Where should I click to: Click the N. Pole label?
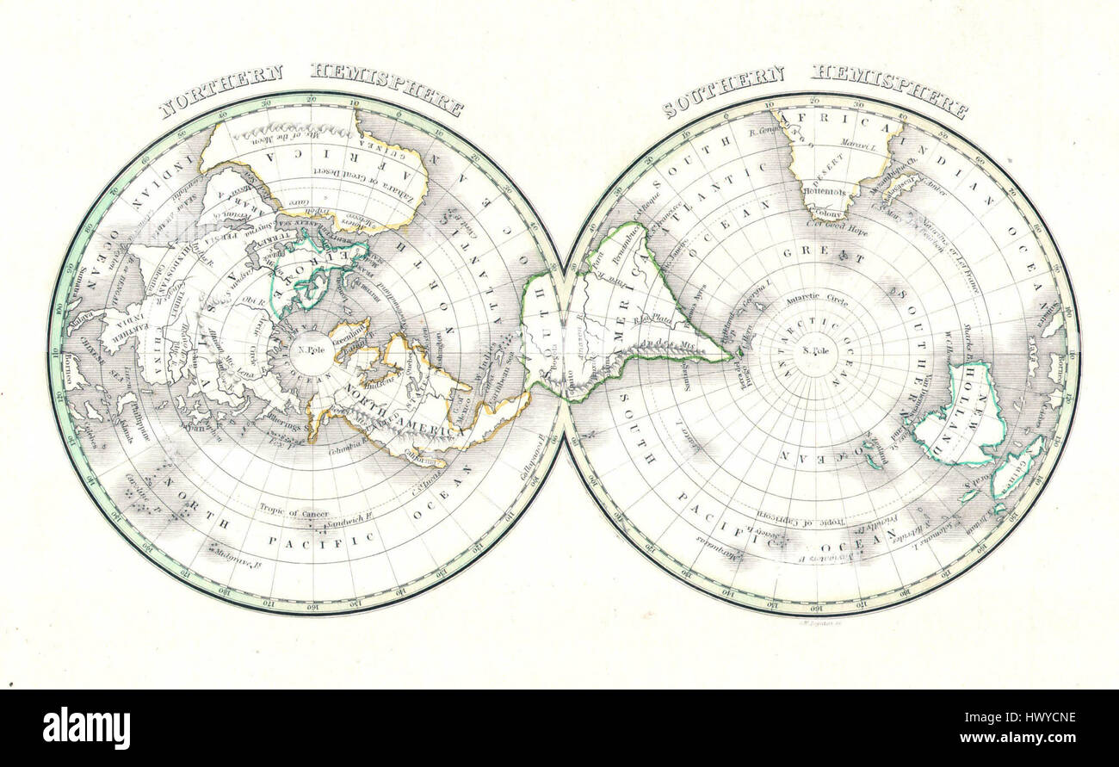[x=305, y=349]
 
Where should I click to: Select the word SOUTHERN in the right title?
[x=723, y=90]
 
